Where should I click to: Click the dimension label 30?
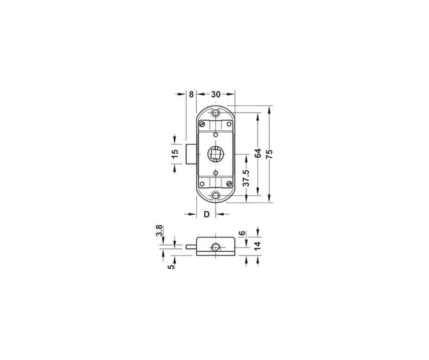[215, 95]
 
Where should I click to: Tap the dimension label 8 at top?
[191, 95]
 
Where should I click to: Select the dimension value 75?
[269, 154]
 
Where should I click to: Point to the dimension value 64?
[258, 154]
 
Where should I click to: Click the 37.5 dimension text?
[246, 178]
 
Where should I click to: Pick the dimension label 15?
[175, 154]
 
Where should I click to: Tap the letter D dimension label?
[207, 214]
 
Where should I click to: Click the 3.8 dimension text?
[159, 231]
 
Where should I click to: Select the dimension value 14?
[258, 245]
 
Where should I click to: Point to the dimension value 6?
[242, 233]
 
